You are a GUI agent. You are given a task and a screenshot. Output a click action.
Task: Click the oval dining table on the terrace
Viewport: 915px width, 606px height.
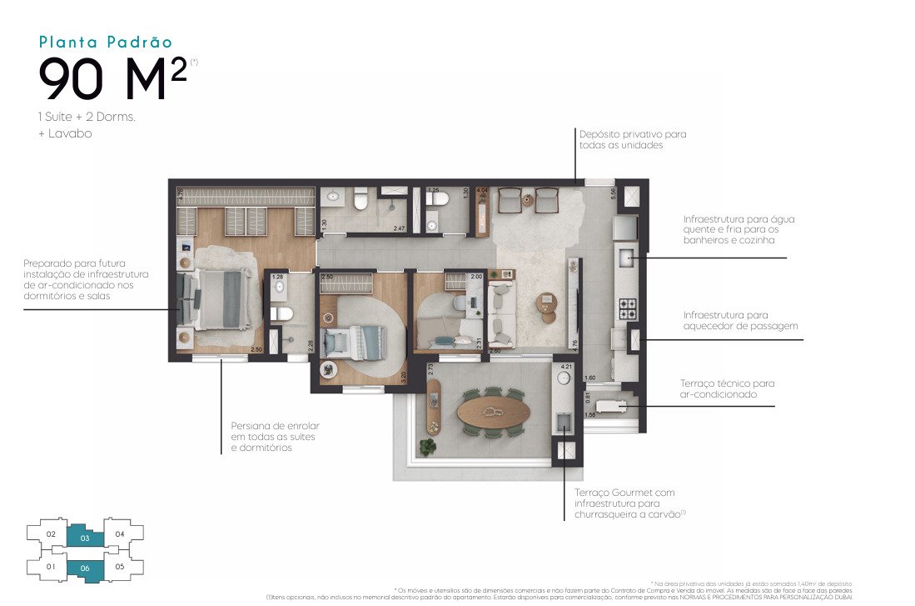tap(492, 412)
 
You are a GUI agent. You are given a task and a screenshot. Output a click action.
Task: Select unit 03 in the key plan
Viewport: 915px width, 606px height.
tap(86, 537)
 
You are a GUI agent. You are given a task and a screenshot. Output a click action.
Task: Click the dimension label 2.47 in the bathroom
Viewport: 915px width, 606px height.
tap(399, 226)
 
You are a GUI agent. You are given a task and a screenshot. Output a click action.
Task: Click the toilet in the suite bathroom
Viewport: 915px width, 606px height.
tap(281, 313)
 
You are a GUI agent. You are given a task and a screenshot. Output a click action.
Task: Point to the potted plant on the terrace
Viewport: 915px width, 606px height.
tap(428, 448)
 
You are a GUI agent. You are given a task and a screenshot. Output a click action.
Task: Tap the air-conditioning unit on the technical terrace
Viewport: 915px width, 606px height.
tap(617, 406)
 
